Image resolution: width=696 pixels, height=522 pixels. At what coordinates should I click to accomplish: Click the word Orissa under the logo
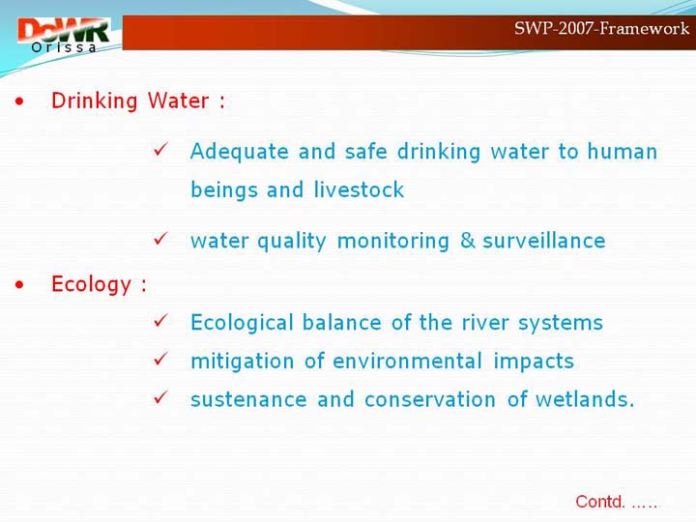pyautogui.click(x=64, y=47)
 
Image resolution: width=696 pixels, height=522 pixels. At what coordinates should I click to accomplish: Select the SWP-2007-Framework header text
pyautogui.click(x=601, y=28)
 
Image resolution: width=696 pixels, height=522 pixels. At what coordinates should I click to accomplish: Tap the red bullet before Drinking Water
pyautogui.click(x=19, y=101)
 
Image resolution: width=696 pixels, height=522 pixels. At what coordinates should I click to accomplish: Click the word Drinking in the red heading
pyautogui.click(x=94, y=101)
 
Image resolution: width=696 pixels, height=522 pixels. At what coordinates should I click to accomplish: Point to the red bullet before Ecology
pyautogui.click(x=19, y=285)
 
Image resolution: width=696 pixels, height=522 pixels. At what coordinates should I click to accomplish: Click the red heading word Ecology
pyautogui.click(x=92, y=285)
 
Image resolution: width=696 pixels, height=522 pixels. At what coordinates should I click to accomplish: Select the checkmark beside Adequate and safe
pyautogui.click(x=160, y=150)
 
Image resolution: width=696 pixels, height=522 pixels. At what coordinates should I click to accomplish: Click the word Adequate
pyautogui.click(x=240, y=152)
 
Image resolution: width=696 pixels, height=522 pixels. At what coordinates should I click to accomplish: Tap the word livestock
pyautogui.click(x=359, y=190)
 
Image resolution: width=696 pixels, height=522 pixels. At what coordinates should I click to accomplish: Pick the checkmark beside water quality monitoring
pyautogui.click(x=160, y=239)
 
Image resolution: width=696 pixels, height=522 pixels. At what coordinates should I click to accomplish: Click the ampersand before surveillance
pyautogui.click(x=468, y=241)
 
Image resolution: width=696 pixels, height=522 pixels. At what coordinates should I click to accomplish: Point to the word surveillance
pyautogui.click(x=543, y=241)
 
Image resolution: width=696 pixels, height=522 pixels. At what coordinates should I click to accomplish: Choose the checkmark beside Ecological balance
pyautogui.click(x=160, y=321)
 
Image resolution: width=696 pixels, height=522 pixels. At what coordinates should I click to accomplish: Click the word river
pyautogui.click(x=485, y=323)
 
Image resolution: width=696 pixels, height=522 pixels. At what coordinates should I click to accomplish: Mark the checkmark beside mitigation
pyautogui.click(x=160, y=359)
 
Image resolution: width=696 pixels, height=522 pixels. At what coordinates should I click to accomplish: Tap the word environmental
pyautogui.click(x=408, y=361)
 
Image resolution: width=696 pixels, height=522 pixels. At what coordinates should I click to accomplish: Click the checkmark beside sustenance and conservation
pyautogui.click(x=160, y=397)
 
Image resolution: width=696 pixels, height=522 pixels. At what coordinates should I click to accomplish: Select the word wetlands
pyautogui.click(x=585, y=399)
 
